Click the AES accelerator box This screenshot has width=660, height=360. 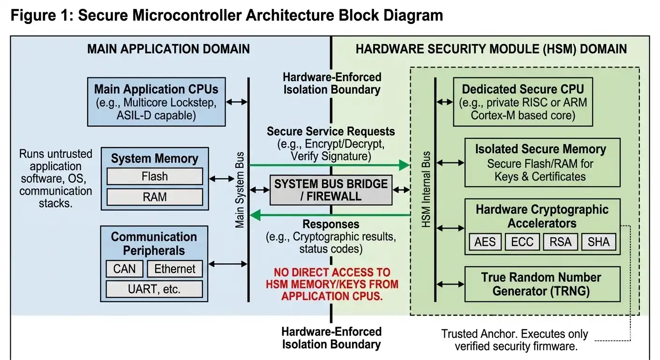click(x=485, y=242)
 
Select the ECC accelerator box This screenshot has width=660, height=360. click(x=523, y=242)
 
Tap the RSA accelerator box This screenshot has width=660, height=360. click(x=561, y=242)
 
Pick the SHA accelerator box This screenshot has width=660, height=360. click(x=599, y=242)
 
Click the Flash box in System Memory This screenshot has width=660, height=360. click(x=155, y=177)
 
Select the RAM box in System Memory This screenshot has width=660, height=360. click(x=155, y=197)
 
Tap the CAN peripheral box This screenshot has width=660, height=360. click(x=124, y=269)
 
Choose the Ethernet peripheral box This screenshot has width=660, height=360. click(x=175, y=269)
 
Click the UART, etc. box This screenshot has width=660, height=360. click(x=155, y=289)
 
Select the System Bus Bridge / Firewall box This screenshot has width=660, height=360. click(x=331, y=190)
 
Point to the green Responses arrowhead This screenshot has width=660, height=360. click(x=255, y=215)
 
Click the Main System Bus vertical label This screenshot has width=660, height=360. click(x=240, y=190)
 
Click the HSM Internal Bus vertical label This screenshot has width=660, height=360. click(x=426, y=190)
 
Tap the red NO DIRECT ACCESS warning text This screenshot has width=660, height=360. click(x=332, y=284)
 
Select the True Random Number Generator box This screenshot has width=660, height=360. click(x=541, y=284)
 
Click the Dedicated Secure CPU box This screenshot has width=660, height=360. click(x=523, y=102)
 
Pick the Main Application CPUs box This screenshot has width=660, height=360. click(x=156, y=102)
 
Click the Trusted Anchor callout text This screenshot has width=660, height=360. click(x=514, y=340)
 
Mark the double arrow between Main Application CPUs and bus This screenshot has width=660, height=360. click(x=237, y=102)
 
